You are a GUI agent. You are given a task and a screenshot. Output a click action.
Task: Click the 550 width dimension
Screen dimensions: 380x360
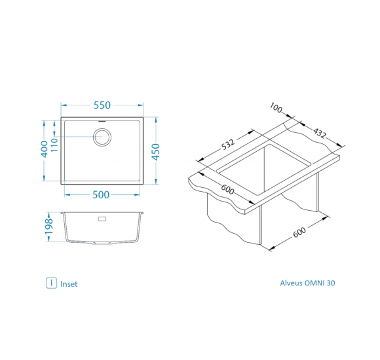pyautogui.click(x=102, y=105)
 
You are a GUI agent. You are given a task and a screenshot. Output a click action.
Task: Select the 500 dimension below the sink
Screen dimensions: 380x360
pyautogui.click(x=101, y=195)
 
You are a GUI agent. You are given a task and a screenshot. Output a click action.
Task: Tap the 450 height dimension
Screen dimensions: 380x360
pyautogui.click(x=156, y=152)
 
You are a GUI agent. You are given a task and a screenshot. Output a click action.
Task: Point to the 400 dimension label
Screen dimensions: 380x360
pyautogui.click(x=45, y=149)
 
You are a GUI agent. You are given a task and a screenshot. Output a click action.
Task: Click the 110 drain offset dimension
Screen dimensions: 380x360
pyautogui.click(x=54, y=145)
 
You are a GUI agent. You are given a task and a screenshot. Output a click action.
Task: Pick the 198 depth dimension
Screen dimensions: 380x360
pyautogui.click(x=49, y=226)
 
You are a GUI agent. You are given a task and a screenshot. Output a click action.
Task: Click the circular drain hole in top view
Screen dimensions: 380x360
pyautogui.click(x=102, y=137)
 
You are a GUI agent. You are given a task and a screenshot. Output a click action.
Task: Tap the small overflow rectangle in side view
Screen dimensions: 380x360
pyautogui.click(x=102, y=219)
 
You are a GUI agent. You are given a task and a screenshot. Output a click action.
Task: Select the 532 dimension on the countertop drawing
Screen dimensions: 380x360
pyautogui.click(x=228, y=144)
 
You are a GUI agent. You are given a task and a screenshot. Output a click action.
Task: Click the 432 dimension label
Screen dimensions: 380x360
pyautogui.click(x=320, y=133)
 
